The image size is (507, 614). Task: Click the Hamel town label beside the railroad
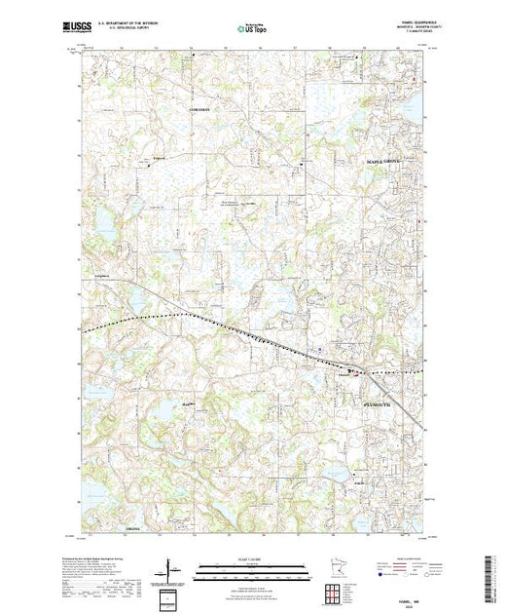pyautogui.click(x=343, y=371)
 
